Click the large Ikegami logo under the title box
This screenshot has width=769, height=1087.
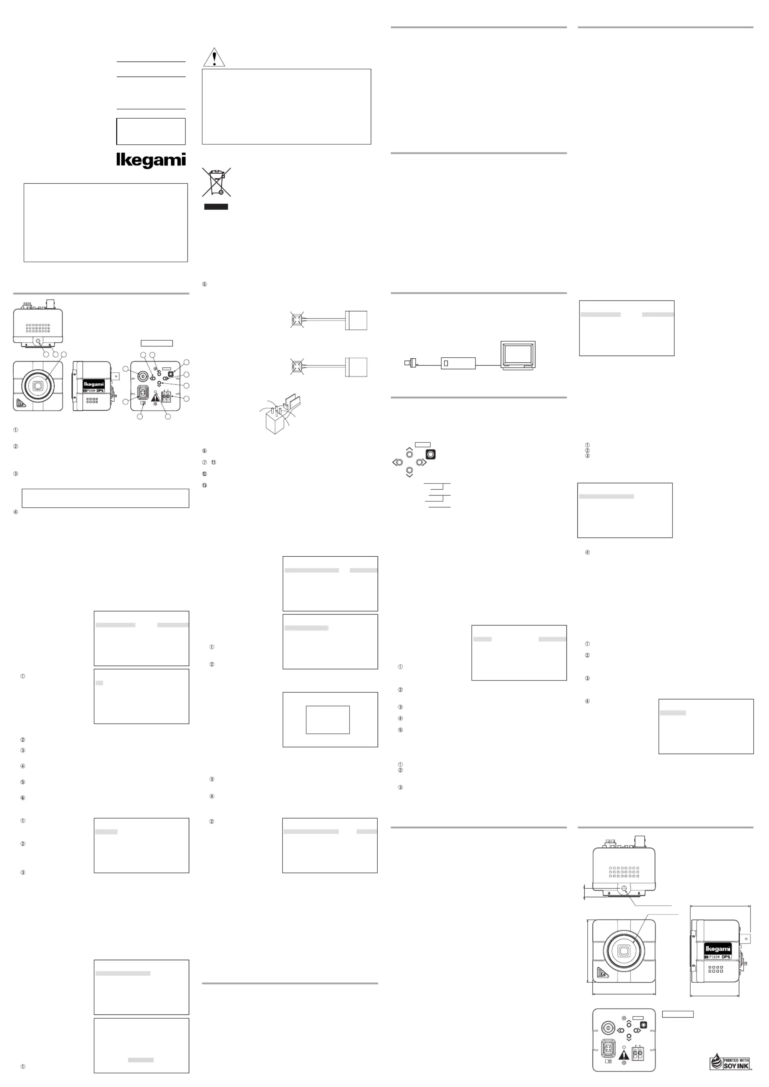[x=151, y=160]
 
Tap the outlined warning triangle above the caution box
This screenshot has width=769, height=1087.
[x=214, y=58]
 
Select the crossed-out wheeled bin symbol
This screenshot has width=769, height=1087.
[x=217, y=182]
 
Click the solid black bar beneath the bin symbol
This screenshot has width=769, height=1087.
[x=216, y=207]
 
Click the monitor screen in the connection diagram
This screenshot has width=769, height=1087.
[x=518, y=354]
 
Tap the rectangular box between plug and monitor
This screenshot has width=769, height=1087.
[x=458, y=363]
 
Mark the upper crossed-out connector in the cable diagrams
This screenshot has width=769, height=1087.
[x=297, y=320]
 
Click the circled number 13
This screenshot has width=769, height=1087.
[x=205, y=485]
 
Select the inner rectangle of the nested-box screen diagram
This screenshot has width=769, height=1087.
[x=328, y=720]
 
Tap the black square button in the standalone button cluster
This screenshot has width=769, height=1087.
[x=430, y=454]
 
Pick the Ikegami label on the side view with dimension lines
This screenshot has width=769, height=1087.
[x=718, y=949]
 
